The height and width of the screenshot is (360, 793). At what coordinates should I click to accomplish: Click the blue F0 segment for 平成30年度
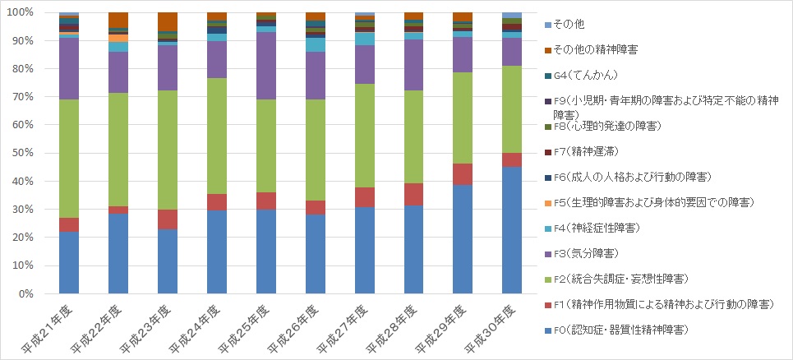(x=512, y=230)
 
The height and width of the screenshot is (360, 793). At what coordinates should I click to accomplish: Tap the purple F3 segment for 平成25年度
(x=266, y=66)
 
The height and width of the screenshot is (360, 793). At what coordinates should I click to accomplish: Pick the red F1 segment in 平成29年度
(x=463, y=174)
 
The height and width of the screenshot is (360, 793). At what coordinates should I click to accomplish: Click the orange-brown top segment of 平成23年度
(x=168, y=21)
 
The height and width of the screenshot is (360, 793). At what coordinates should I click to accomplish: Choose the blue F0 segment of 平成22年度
(x=118, y=253)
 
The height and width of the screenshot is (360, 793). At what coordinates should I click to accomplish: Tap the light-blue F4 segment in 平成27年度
(x=365, y=39)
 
